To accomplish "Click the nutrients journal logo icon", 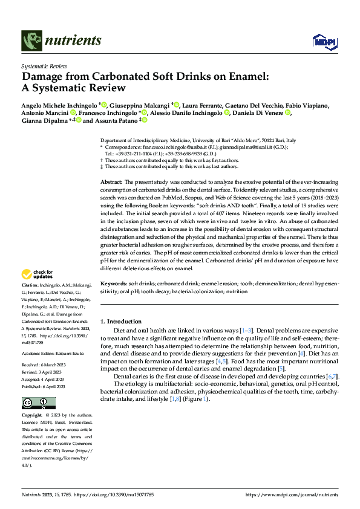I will click(31, 41).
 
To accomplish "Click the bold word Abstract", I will click(111, 181).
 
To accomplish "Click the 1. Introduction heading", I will click(120, 321).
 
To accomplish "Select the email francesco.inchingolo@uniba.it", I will click(170, 147).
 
